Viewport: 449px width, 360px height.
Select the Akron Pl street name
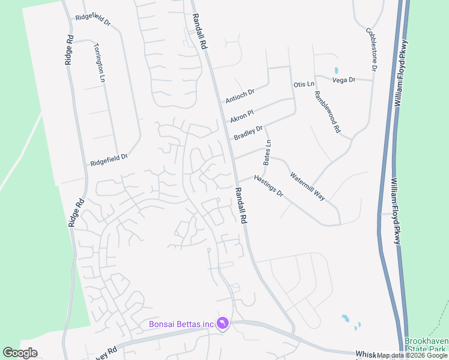243,112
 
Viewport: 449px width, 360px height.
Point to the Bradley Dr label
249,133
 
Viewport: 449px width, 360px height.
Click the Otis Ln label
304,84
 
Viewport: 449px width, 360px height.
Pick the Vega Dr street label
344,79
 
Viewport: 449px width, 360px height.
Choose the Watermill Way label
307,187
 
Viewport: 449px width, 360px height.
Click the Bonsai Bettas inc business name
181,325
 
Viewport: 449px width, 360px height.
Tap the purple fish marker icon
223,324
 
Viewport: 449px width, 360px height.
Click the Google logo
20,353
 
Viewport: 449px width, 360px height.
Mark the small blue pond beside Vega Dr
336,70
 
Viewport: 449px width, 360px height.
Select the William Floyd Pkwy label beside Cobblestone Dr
400,74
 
